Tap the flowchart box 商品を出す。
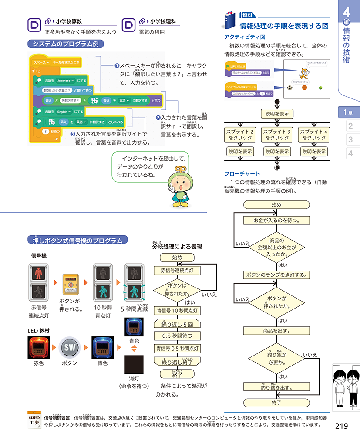[x=276, y=331]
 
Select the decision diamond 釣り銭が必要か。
[x=276, y=357]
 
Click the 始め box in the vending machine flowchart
[x=276, y=205]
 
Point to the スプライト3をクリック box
[x=277, y=135]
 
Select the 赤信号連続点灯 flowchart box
[x=177, y=271]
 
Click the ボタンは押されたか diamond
[x=177, y=289]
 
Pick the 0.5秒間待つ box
[x=177, y=336]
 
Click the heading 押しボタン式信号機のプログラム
[x=77, y=240]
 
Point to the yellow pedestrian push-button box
[x=71, y=283]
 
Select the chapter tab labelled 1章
[x=349, y=112]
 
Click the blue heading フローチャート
[x=242, y=173]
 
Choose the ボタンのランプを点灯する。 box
[x=276, y=275]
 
